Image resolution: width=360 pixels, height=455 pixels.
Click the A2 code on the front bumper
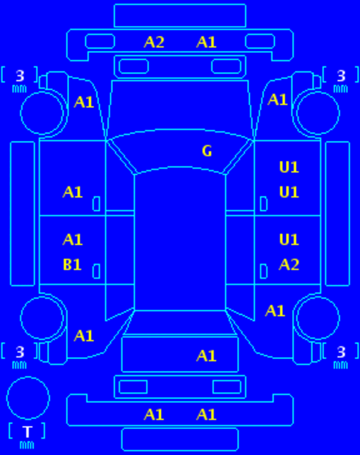[x=154, y=42]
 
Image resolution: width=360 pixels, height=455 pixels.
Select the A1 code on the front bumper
[x=206, y=42]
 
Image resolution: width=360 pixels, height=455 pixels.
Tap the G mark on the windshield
[x=207, y=151]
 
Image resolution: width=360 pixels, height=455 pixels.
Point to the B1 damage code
[x=72, y=265]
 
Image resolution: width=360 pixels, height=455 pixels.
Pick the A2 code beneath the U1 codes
[x=289, y=265]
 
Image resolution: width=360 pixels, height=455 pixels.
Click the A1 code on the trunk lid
[x=206, y=356]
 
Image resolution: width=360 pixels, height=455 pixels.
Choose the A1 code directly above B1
[x=73, y=240]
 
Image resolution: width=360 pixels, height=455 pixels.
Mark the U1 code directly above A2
[x=289, y=240]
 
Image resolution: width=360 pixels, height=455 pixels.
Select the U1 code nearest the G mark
[x=289, y=167]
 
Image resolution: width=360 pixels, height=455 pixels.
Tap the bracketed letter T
[x=28, y=432]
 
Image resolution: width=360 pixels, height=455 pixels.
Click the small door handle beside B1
[x=97, y=272]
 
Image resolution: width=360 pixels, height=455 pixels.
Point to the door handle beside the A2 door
[x=263, y=272]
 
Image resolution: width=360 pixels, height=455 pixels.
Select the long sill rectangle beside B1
[x=23, y=214]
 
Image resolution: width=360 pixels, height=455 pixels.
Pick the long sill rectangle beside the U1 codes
[x=337, y=214]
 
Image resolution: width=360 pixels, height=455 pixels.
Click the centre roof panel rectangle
[x=180, y=242]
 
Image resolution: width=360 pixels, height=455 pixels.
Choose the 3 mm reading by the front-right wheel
[x=341, y=80]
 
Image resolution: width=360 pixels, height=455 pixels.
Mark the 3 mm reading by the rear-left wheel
[x=20, y=356]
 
